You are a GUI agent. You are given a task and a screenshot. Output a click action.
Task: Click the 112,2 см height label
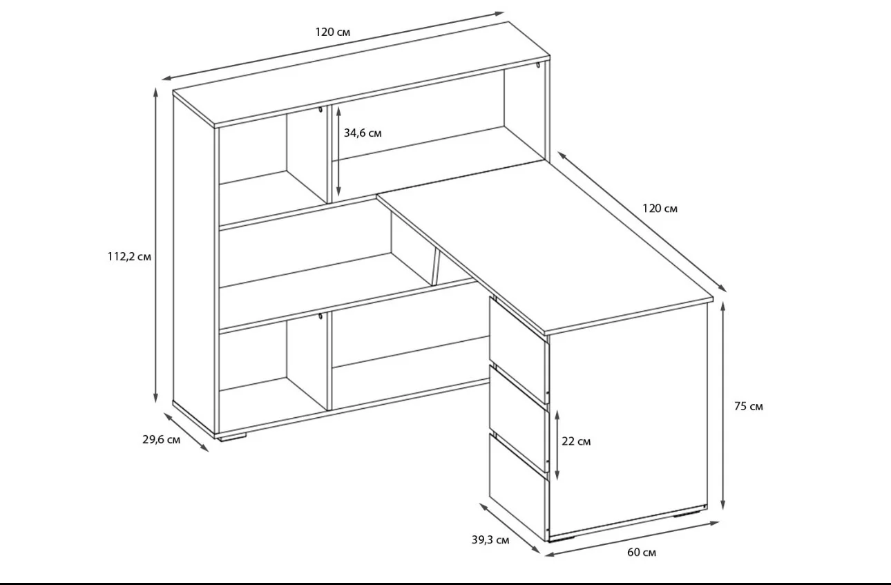click(129, 257)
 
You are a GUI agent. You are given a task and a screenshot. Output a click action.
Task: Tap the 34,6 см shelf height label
click(363, 133)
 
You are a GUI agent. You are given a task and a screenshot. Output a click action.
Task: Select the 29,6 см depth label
click(161, 440)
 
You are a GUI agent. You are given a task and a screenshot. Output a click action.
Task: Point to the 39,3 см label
click(490, 539)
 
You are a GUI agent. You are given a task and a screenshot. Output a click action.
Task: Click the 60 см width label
click(642, 553)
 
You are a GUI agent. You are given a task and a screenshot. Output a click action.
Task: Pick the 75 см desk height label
click(749, 406)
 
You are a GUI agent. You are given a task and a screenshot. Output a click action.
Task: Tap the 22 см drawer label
click(576, 441)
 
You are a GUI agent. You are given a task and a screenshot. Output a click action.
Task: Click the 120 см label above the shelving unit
click(332, 32)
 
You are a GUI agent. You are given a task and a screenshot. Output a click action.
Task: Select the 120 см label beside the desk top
click(660, 209)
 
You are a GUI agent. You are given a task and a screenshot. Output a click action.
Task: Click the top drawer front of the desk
click(519, 349)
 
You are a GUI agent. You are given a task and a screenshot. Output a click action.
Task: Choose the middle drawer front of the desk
click(519, 418)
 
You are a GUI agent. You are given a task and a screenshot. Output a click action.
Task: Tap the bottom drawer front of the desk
click(519, 487)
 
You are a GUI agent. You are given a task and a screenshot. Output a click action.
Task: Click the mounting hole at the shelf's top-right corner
click(537, 65)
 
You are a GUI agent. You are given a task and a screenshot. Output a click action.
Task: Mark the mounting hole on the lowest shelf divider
click(320, 316)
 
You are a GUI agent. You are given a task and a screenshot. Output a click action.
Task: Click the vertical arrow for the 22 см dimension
click(557, 445)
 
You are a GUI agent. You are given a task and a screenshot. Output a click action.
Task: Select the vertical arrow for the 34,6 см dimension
click(338, 151)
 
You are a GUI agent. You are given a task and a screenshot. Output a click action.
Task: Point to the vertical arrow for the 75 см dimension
click(722, 405)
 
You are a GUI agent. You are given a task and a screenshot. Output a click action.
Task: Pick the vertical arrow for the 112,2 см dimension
click(155, 245)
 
